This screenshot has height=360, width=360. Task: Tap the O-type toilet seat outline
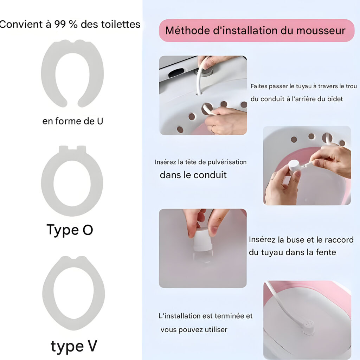(47, 181)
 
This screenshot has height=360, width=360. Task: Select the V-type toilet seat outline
(48, 294)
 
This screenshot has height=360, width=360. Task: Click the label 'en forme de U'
(72, 121)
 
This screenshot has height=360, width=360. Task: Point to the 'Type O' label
(70, 230)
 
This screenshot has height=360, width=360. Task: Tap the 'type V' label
(74, 346)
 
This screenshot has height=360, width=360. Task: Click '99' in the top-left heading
(60, 24)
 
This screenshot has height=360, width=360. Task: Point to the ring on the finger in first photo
(212, 129)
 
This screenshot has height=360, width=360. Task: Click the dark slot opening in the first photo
(176, 72)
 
